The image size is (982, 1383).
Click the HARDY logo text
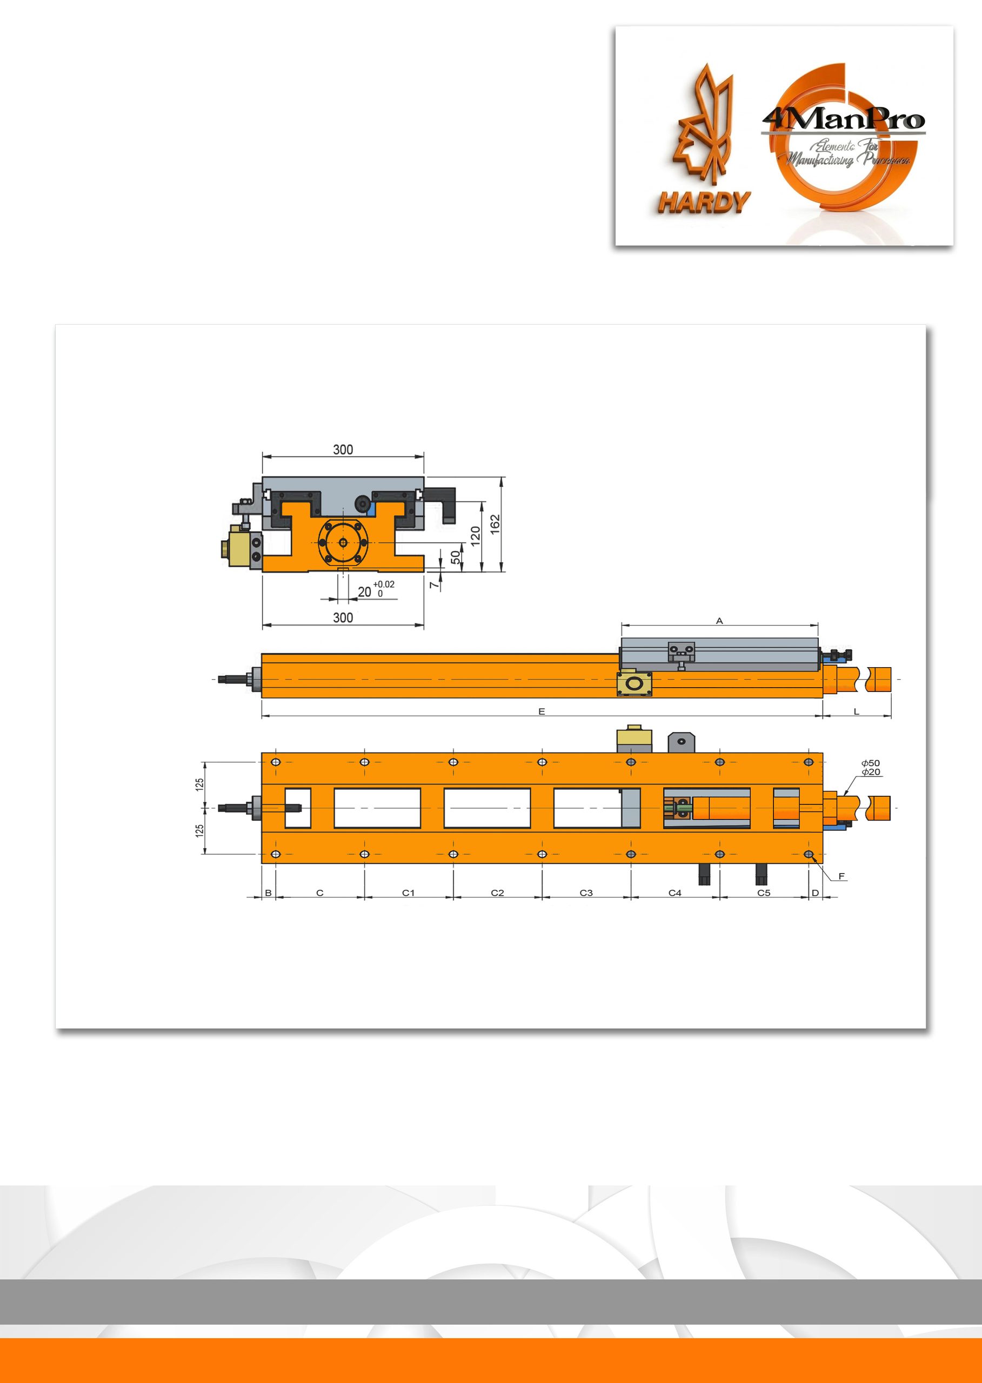click(x=704, y=203)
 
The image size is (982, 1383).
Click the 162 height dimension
click(x=495, y=524)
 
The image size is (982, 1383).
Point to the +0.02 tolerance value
click(x=383, y=585)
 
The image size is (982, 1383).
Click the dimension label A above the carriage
click(x=719, y=621)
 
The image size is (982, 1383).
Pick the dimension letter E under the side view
click(x=542, y=711)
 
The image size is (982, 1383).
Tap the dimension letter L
click(x=856, y=711)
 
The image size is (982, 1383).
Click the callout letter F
click(x=841, y=876)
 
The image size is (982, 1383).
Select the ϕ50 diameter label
click(x=871, y=763)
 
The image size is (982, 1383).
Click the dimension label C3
click(x=586, y=893)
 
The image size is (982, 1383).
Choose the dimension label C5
click(x=764, y=893)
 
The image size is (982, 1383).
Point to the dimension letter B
click(x=269, y=893)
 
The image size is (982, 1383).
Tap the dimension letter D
click(x=815, y=893)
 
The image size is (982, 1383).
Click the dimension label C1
click(x=409, y=893)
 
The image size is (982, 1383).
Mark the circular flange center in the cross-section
click(x=343, y=542)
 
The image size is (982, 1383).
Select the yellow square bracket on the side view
click(x=635, y=683)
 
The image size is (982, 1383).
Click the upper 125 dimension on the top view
click(x=199, y=784)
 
